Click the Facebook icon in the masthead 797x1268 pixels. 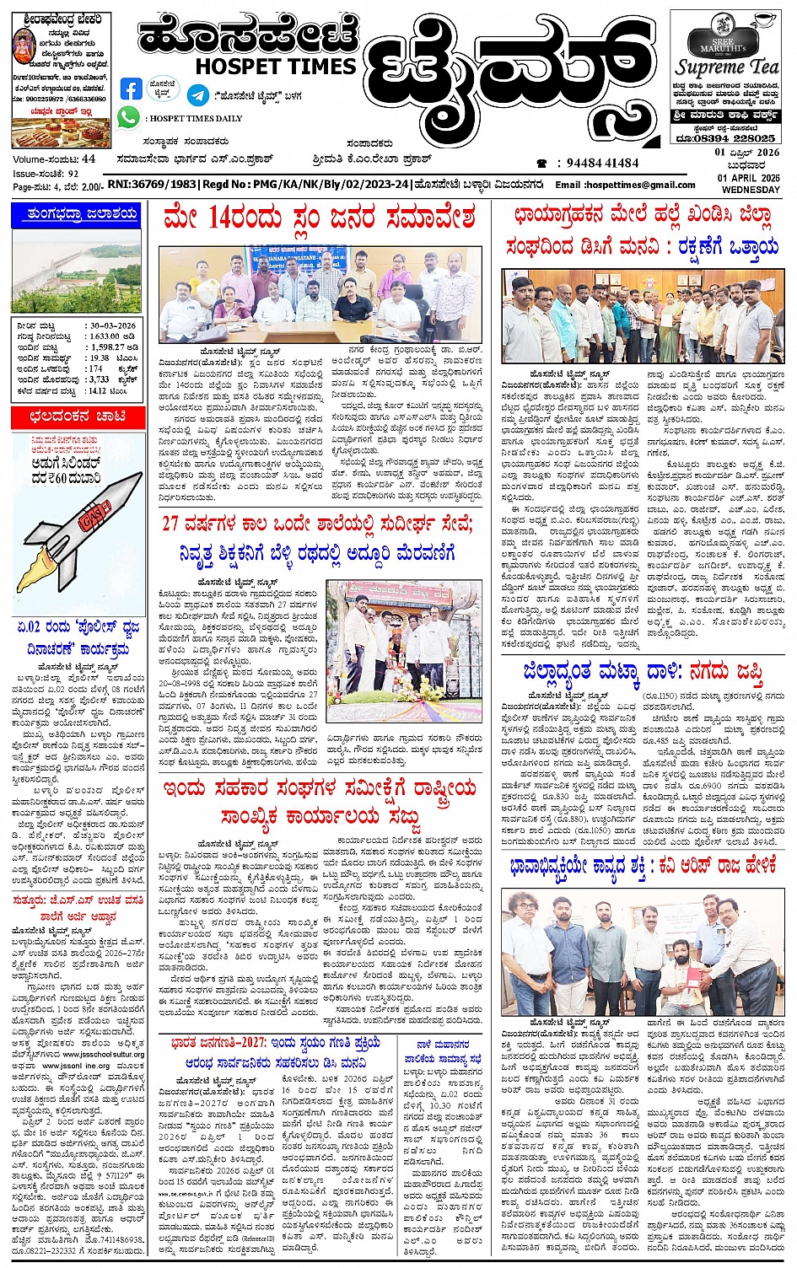(x=131, y=89)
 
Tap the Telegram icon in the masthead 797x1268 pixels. (x=198, y=95)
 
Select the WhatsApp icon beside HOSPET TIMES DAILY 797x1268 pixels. (x=128, y=117)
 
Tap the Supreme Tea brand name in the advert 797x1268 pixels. (x=727, y=67)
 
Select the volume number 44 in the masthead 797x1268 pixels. (x=89, y=158)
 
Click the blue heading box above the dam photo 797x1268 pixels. (x=78, y=215)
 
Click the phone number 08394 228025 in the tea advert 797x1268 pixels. (x=727, y=138)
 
